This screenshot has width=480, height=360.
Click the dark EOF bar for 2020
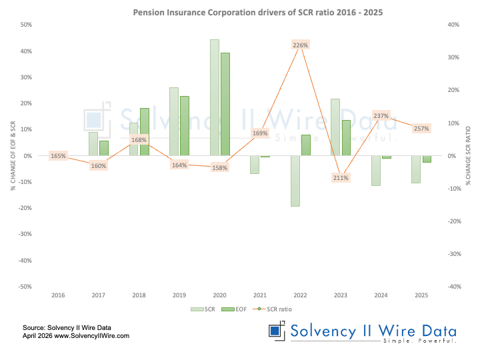(225, 104)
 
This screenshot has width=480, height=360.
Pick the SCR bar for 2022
(295, 181)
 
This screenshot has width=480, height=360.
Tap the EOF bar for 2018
(145, 131)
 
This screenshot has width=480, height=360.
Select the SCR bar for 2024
(376, 171)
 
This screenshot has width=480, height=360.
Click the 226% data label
(301, 45)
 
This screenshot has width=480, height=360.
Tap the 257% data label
(421, 128)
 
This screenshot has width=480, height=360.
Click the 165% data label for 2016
(58, 156)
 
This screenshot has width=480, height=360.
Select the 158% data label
(220, 167)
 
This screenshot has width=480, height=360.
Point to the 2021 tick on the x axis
(260, 295)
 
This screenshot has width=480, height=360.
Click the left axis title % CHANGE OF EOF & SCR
(13, 155)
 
